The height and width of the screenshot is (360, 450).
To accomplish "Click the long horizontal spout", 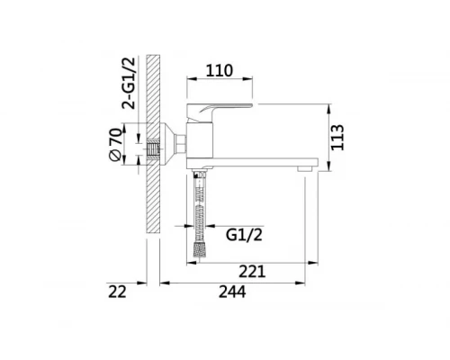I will click(261, 164).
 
